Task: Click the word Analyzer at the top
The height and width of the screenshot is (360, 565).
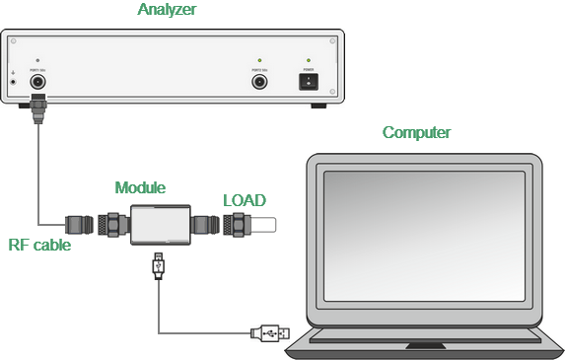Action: [x=169, y=11]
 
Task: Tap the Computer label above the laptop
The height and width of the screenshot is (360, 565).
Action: [x=416, y=132]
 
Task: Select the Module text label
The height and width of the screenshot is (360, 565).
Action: [x=140, y=187]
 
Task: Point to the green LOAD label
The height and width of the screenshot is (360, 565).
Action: [x=244, y=200]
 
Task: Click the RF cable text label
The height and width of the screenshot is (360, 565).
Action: [x=39, y=245]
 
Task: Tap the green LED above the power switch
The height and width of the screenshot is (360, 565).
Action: [x=309, y=60]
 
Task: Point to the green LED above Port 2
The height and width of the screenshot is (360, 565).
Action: [x=260, y=60]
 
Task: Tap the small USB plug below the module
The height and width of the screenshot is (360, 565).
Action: [x=159, y=264]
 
